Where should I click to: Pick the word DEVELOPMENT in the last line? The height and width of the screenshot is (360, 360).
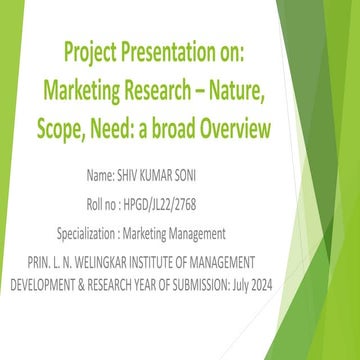[x=49, y=282]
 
